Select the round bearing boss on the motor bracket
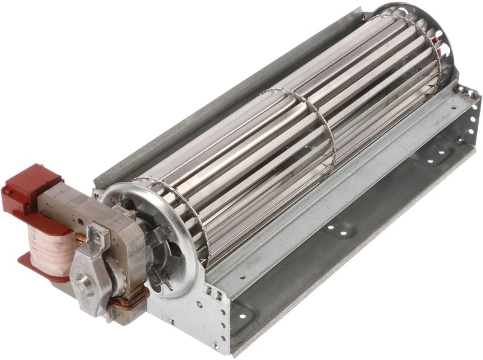click(x=85, y=284)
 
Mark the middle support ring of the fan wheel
click(x=302, y=130)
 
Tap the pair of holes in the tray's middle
click(x=341, y=230)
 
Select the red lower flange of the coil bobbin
click(x=36, y=266)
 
